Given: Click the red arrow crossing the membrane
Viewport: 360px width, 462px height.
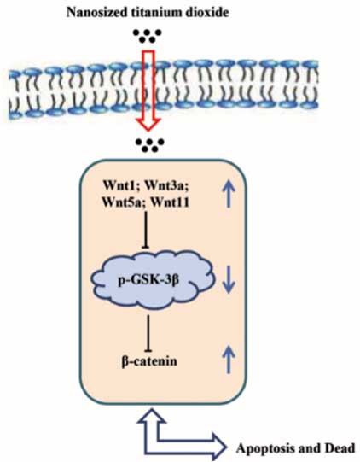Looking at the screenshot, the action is pos(148,91).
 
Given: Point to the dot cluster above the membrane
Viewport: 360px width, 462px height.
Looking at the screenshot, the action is pos(148,36).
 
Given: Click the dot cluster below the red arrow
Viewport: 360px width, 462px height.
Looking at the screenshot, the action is pos(149,145).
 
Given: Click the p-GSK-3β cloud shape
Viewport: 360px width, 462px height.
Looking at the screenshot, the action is pos(153,280).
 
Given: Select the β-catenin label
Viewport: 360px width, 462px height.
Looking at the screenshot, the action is pos(149,361).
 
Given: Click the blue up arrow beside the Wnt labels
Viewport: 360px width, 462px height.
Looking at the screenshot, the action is pos(229,194).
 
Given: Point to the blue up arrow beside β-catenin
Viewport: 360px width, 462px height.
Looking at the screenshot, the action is pos(229,360).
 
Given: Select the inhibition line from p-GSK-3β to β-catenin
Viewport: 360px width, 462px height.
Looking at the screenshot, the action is pos(148,333).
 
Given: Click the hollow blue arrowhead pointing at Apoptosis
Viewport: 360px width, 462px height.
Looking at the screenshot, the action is pos(218,447).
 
